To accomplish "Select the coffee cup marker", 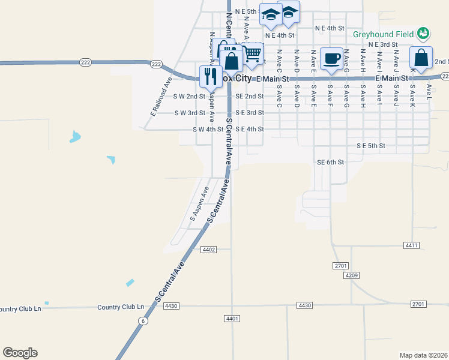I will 331,59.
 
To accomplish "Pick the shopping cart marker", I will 253,55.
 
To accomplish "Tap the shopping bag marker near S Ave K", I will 421,59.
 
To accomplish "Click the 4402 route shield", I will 209,249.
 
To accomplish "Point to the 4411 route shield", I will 411,245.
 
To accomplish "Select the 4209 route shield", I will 352,275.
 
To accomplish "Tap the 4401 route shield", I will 232,318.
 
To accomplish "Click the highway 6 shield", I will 142,321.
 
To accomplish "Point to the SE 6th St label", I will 331,162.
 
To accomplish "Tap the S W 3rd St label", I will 189,113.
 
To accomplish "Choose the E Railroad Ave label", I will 161,96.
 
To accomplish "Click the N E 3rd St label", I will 383,44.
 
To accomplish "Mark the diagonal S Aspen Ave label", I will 199,204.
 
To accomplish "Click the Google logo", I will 20,353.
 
